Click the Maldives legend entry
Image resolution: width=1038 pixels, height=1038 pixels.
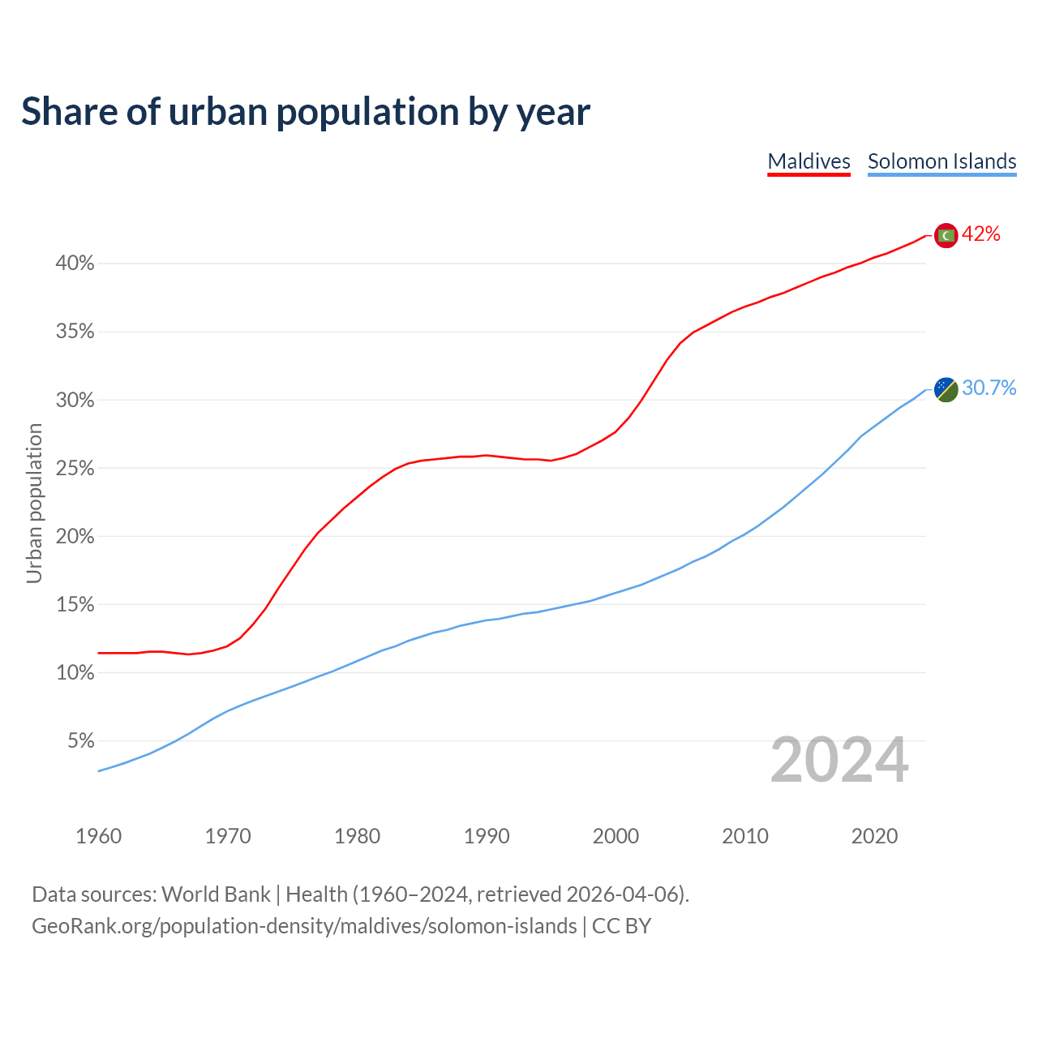click(809, 161)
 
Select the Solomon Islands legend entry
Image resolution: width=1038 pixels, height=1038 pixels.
click(941, 161)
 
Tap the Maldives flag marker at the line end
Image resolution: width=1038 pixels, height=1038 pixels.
click(946, 235)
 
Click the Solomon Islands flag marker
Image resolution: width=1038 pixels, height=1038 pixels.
click(946, 389)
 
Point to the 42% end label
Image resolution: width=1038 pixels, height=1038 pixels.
click(981, 234)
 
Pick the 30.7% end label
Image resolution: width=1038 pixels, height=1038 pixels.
click(989, 388)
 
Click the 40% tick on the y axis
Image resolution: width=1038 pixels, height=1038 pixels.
click(75, 264)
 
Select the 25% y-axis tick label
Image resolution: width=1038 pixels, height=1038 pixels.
click(75, 469)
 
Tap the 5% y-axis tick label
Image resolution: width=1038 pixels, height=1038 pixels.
click(80, 741)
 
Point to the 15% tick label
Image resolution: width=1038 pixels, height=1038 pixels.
click(75, 605)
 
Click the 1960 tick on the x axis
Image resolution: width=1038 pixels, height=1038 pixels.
click(98, 836)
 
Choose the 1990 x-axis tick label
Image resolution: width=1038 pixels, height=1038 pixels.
click(487, 836)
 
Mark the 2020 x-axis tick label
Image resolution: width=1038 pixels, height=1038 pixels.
click(874, 836)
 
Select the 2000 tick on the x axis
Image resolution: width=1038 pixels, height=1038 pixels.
click(616, 836)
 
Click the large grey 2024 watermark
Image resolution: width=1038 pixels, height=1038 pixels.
click(839, 760)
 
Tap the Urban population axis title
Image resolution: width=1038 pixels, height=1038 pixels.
click(34, 504)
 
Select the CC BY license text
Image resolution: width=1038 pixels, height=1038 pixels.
click(621, 926)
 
